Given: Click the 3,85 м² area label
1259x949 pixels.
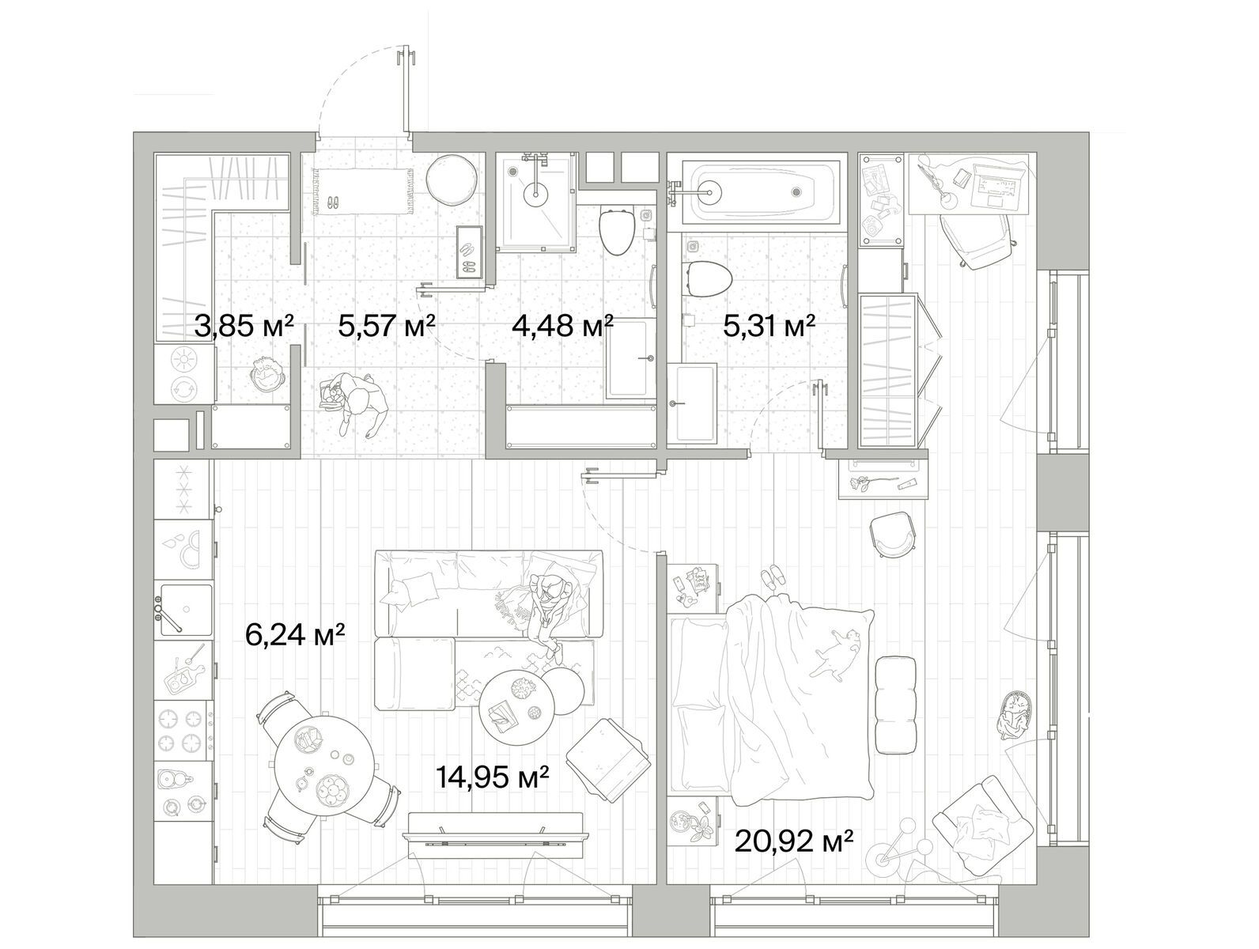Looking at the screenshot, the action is pyautogui.click(x=244, y=327).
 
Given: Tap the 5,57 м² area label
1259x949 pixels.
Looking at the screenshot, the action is pyautogui.click(x=388, y=327).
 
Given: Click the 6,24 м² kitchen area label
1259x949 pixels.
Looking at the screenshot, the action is pyautogui.click(x=295, y=634).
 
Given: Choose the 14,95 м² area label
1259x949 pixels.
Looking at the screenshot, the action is pyautogui.click(x=493, y=777).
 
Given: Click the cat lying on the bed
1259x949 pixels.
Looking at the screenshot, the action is pyautogui.click(x=836, y=652).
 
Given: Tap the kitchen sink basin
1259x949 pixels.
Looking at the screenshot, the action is pyautogui.click(x=185, y=610).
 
